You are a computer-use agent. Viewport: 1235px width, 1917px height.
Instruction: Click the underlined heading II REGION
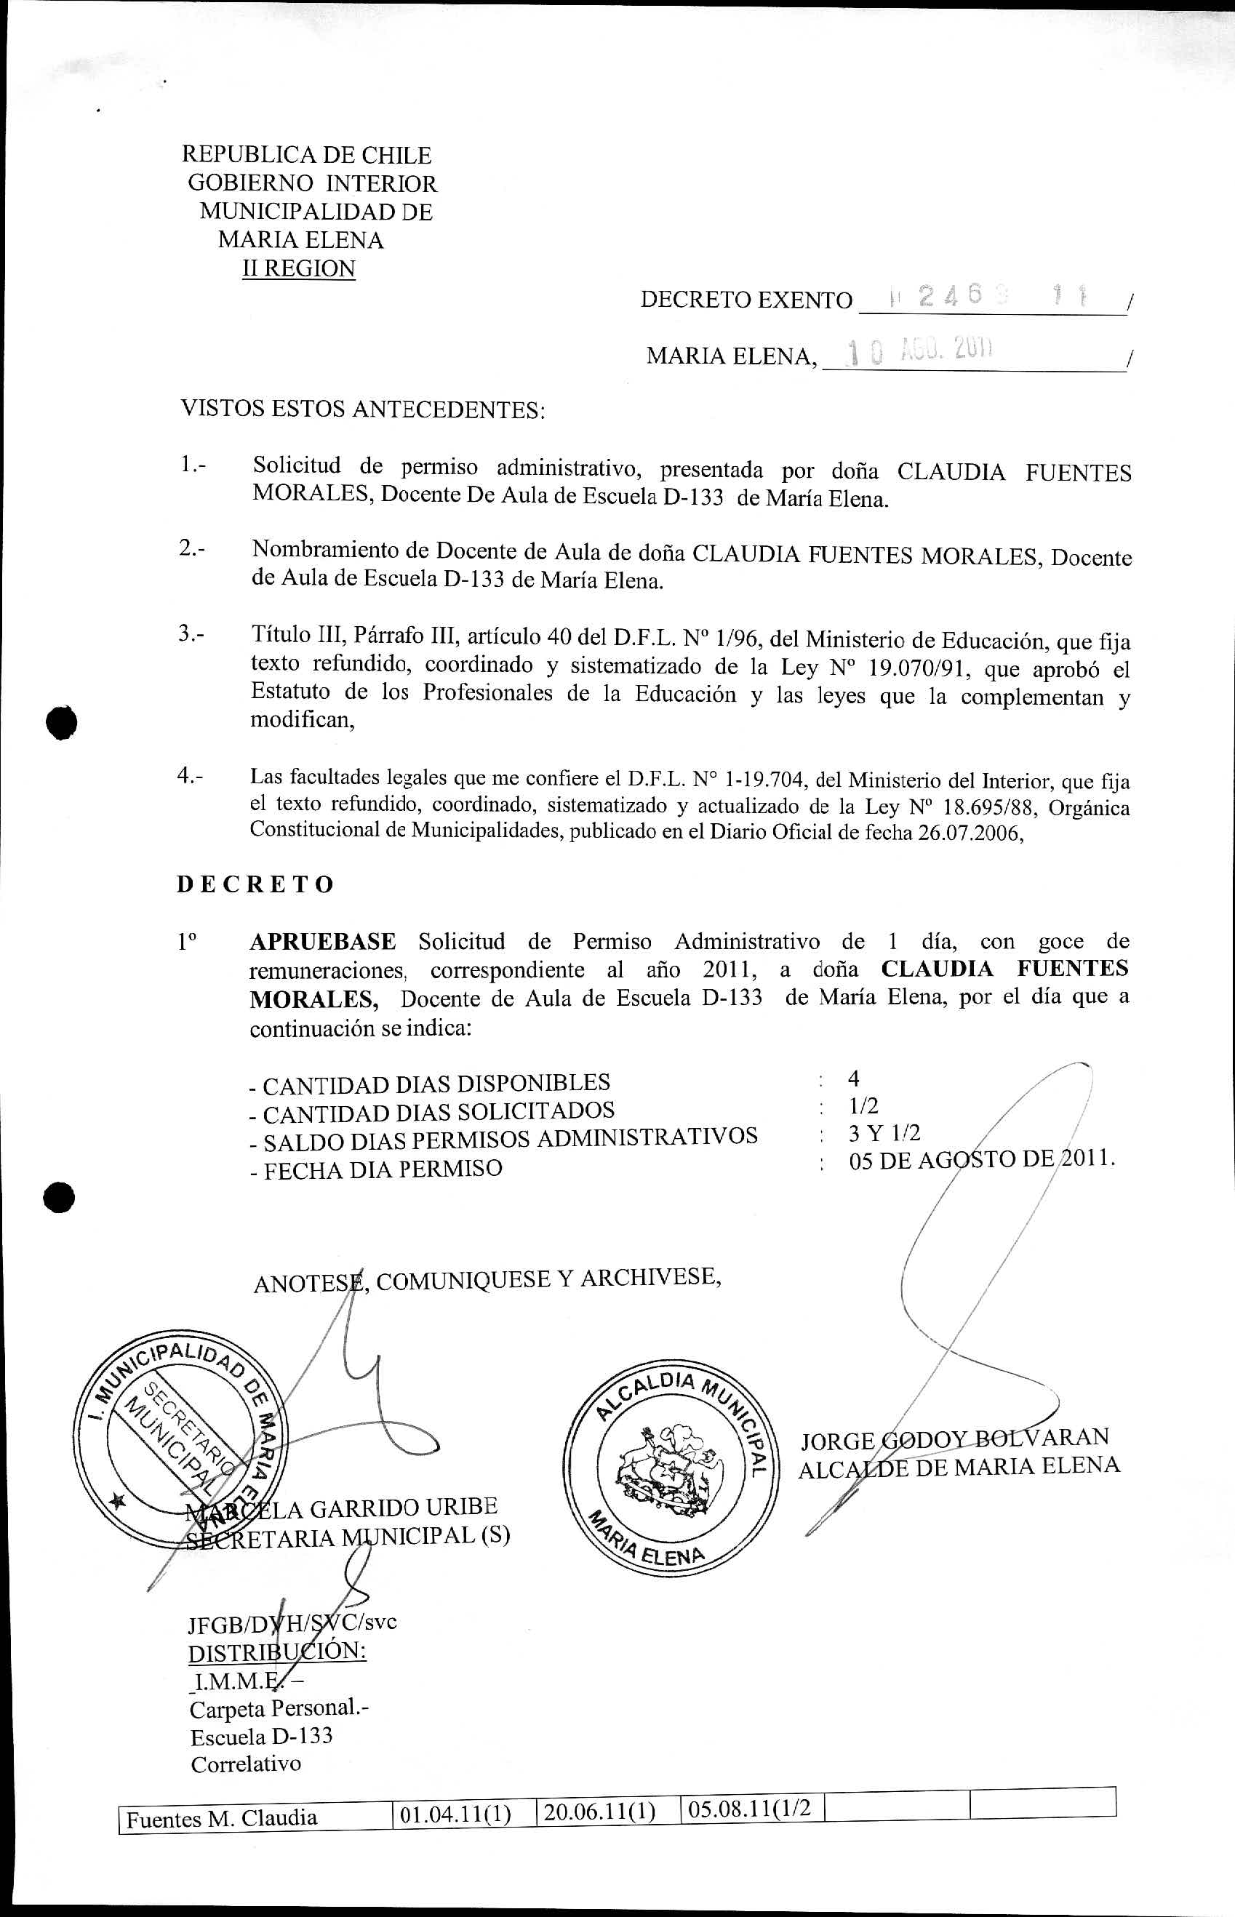pyautogui.click(x=298, y=268)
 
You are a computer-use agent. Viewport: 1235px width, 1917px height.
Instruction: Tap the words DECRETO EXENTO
pyautogui.click(x=746, y=300)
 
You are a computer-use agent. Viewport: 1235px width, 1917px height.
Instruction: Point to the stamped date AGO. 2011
pyautogui.click(x=946, y=351)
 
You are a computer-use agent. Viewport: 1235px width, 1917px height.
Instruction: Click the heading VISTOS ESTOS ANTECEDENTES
pyautogui.click(x=362, y=409)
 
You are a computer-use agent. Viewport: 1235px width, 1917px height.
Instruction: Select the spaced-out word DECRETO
pyautogui.click(x=255, y=884)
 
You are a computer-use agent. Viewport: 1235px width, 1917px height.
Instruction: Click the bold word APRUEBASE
pyautogui.click(x=322, y=941)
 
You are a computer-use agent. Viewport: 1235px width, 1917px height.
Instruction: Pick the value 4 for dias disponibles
pyautogui.click(x=854, y=1078)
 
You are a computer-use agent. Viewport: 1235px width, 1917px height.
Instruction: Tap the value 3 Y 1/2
pyautogui.click(x=884, y=1133)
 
